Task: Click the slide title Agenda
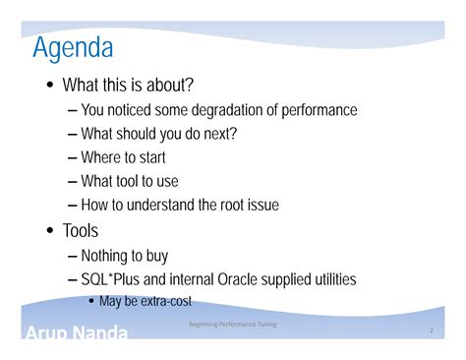coord(73,46)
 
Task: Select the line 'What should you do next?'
coord(159,133)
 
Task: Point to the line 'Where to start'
coord(123,157)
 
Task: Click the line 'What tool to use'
coord(130,181)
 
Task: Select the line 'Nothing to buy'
coord(125,255)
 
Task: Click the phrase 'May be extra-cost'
coord(145,301)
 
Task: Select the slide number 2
coord(431,331)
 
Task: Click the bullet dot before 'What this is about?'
coord(49,85)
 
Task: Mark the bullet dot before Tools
coord(49,231)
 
